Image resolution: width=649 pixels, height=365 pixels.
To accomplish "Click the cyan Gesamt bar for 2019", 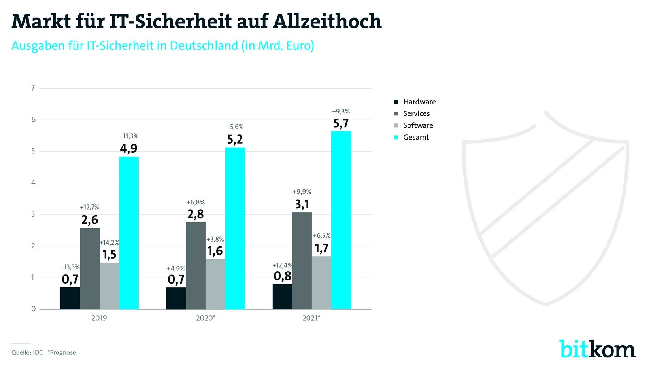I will (129, 233).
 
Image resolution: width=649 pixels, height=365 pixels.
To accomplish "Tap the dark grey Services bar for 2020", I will (196, 265).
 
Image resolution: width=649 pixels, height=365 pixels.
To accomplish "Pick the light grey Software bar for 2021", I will (321, 282).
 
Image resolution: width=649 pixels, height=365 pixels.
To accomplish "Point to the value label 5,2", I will (235, 140).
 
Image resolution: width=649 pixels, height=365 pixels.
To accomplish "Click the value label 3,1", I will (302, 204).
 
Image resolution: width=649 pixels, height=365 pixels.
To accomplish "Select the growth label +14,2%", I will (109, 243).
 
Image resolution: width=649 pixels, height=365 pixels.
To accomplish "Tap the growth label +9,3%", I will (341, 112).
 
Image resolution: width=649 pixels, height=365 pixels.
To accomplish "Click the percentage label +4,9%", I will (176, 269).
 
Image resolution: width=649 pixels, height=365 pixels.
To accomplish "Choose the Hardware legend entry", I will (419, 102).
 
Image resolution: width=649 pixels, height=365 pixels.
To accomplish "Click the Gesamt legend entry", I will (415, 138).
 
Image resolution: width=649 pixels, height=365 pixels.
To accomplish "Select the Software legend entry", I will (418, 126).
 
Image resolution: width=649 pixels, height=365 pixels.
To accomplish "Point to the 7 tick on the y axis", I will (33, 88).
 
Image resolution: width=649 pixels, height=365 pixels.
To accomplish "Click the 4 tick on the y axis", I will (33, 183).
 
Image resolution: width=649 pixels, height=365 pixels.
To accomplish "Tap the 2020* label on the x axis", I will (206, 318).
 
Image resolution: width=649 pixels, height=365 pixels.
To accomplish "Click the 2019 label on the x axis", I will (99, 318).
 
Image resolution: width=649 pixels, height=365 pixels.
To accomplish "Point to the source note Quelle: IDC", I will (27, 353).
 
